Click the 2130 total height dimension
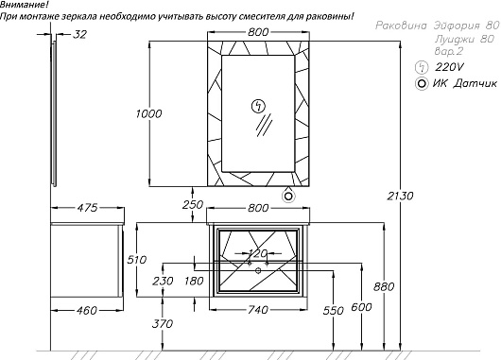click(400, 196)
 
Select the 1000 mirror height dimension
click(149, 113)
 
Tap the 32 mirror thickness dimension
click(79, 35)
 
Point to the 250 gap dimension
click(193, 205)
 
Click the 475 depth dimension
click(87, 208)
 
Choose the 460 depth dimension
click(86, 310)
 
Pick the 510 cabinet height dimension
click(137, 260)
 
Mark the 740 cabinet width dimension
click(258, 310)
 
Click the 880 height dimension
click(384, 287)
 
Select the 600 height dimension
click(361, 307)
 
